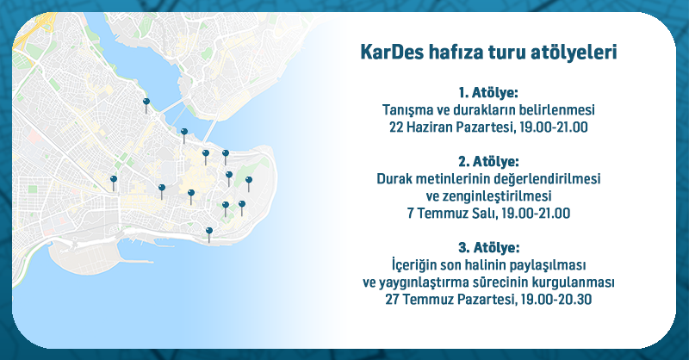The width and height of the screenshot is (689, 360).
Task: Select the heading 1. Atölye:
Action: pos(488,93)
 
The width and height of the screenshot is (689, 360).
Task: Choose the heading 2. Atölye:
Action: pos(488,162)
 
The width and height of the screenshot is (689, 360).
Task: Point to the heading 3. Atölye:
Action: pos(488,247)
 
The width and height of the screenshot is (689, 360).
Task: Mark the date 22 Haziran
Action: pos(420,127)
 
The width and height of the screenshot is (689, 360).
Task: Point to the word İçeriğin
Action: pos(415,265)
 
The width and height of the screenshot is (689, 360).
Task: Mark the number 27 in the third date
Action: pos(393,300)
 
